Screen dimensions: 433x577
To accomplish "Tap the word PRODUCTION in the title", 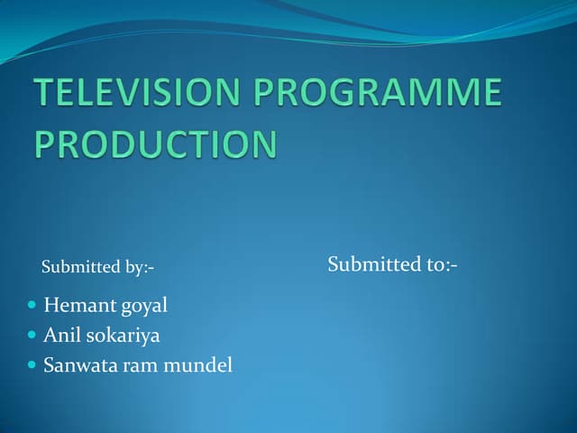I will (x=156, y=144).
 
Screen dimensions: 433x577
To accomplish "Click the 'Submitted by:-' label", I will (x=97, y=267).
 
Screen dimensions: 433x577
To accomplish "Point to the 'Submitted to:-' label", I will (x=392, y=264).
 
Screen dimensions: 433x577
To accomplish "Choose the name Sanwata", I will (x=78, y=365).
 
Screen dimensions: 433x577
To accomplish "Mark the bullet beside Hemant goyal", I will (x=32, y=306).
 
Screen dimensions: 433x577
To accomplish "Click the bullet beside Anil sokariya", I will (x=32, y=336).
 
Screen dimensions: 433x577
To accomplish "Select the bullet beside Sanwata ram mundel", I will (x=32, y=365).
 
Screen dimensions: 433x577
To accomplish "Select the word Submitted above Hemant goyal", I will (x=81, y=267).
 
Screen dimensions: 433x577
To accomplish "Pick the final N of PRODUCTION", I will (x=263, y=144).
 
